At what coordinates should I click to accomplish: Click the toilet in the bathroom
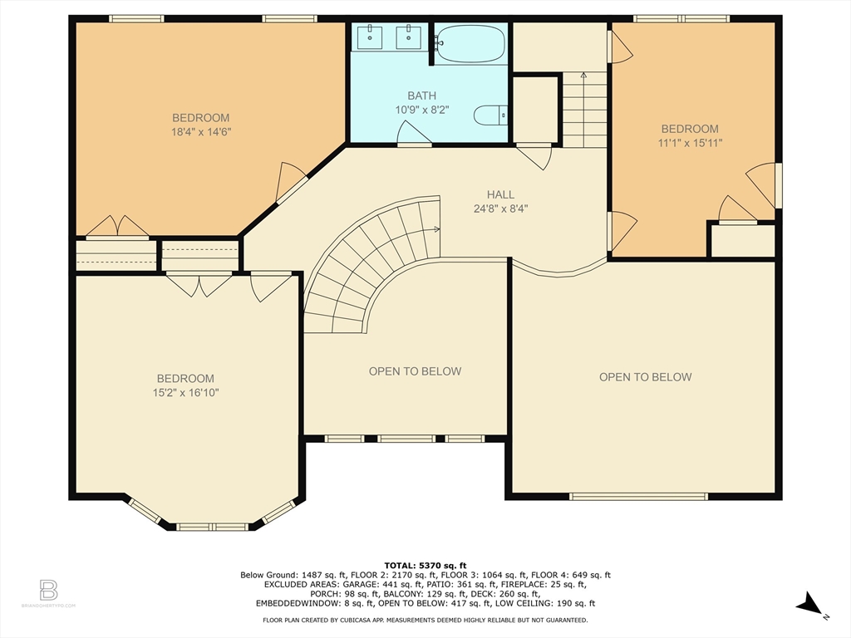tap(490, 115)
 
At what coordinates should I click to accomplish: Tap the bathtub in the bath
tap(470, 43)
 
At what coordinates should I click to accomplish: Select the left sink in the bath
tap(370, 37)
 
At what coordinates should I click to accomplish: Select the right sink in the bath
tap(407, 37)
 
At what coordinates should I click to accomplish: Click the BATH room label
tap(421, 96)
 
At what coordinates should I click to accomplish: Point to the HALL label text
tap(500, 194)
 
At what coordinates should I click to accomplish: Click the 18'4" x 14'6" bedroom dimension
tap(201, 132)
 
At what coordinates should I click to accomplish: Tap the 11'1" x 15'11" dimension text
tap(691, 143)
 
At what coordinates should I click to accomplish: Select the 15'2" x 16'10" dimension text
tap(185, 393)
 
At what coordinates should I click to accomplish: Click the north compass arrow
tap(809, 605)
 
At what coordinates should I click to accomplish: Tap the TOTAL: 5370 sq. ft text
tap(425, 566)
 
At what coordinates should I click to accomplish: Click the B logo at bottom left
tap(48, 590)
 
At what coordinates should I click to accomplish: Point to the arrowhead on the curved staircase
tap(437, 229)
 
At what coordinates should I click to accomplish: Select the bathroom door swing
tap(414, 134)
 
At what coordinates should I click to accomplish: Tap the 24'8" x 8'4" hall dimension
tap(500, 209)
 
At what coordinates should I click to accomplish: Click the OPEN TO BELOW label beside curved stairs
tap(416, 371)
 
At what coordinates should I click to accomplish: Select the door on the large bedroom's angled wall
tap(292, 181)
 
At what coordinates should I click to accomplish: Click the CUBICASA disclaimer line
tap(425, 620)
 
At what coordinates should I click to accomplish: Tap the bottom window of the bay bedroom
tap(213, 526)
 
